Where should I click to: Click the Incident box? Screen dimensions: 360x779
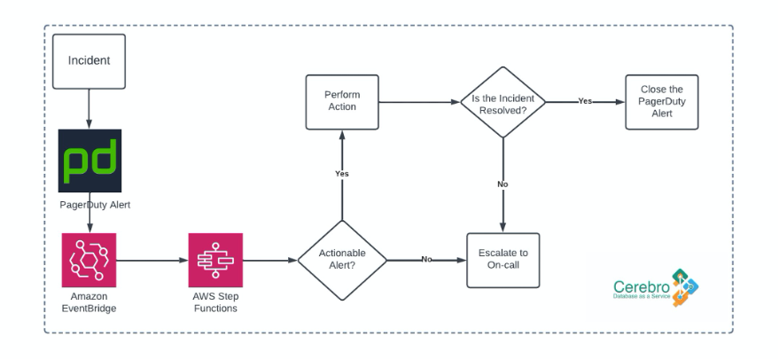coord(89,61)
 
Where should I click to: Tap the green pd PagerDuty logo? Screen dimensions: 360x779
coord(90,160)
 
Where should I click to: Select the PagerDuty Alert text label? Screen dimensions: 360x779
coord(90,204)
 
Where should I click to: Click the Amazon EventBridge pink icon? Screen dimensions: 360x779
coord(90,261)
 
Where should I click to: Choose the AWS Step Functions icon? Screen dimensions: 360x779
coord(215,261)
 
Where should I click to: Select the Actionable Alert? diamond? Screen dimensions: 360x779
coord(342,260)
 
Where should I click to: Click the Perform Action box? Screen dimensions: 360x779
coord(341,101)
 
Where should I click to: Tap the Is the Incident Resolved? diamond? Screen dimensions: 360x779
coord(502,101)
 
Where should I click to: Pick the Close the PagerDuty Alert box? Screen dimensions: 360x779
coord(661,101)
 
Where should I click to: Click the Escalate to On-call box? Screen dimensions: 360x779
coord(502,260)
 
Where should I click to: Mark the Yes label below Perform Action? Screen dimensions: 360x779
coord(342,174)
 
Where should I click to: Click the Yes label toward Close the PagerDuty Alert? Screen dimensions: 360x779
coord(585,101)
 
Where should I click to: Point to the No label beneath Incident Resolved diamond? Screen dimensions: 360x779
coord(502,184)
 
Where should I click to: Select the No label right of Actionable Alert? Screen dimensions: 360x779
coord(426,260)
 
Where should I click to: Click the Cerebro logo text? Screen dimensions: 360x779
coord(641,288)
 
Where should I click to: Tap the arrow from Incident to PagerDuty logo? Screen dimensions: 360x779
coord(90,108)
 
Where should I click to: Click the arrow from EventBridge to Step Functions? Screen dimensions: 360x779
coord(152,261)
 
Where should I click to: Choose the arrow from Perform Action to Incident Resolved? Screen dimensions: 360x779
coord(418,101)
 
